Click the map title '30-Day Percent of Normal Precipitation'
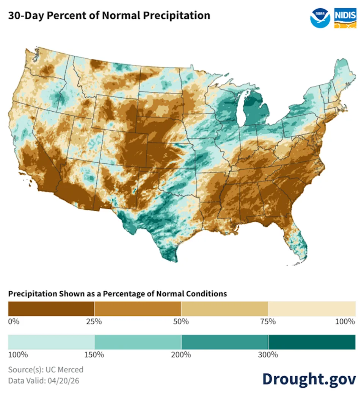pyautogui.click(x=109, y=16)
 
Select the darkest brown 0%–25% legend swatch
pyautogui.click(x=51, y=309)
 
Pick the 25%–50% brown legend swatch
pyautogui.click(x=138, y=309)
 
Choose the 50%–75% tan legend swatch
pyautogui.click(x=224, y=309)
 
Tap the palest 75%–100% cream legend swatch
pyautogui.click(x=312, y=309)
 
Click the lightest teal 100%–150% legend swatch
pyautogui.click(x=51, y=342)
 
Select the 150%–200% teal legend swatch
pyautogui.click(x=138, y=342)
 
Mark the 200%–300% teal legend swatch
pyautogui.click(x=224, y=342)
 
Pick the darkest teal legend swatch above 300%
pyautogui.click(x=312, y=342)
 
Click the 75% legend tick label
pyautogui.click(x=268, y=322)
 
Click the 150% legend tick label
pyautogui.click(x=94, y=355)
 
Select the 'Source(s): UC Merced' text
pyautogui.click(x=45, y=370)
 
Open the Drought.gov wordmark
pyautogui.click(x=309, y=378)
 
